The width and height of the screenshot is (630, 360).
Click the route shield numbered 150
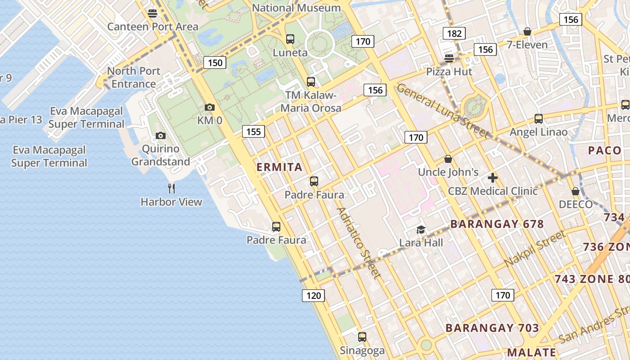coord(215,63)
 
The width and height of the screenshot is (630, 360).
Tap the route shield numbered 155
coord(253,131)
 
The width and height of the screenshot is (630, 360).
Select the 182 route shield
coord(454,33)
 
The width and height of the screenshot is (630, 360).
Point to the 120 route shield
coord(313,295)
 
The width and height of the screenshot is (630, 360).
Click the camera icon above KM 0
coord(209,107)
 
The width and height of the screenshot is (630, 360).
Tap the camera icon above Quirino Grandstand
coord(161,135)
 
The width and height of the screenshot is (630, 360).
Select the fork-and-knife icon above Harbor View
coord(171,188)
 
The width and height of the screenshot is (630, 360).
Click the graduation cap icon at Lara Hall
coord(421,229)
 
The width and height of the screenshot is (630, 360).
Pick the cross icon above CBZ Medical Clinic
coord(492,178)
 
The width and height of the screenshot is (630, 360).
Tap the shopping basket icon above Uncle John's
coord(448,159)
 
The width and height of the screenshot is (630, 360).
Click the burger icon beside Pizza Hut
coord(449,58)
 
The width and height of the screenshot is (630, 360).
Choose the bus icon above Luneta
coord(290,39)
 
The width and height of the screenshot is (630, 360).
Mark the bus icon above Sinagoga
coord(362,337)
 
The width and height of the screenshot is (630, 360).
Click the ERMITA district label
coord(279,167)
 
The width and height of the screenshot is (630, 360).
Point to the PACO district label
coord(604,150)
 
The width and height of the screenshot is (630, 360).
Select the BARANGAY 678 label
coord(497,224)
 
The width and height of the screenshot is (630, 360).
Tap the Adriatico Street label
coord(359,243)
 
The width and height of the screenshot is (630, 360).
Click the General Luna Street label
coord(442,111)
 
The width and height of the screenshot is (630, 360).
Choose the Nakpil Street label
coord(535,248)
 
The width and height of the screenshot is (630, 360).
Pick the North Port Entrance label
coord(134,77)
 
